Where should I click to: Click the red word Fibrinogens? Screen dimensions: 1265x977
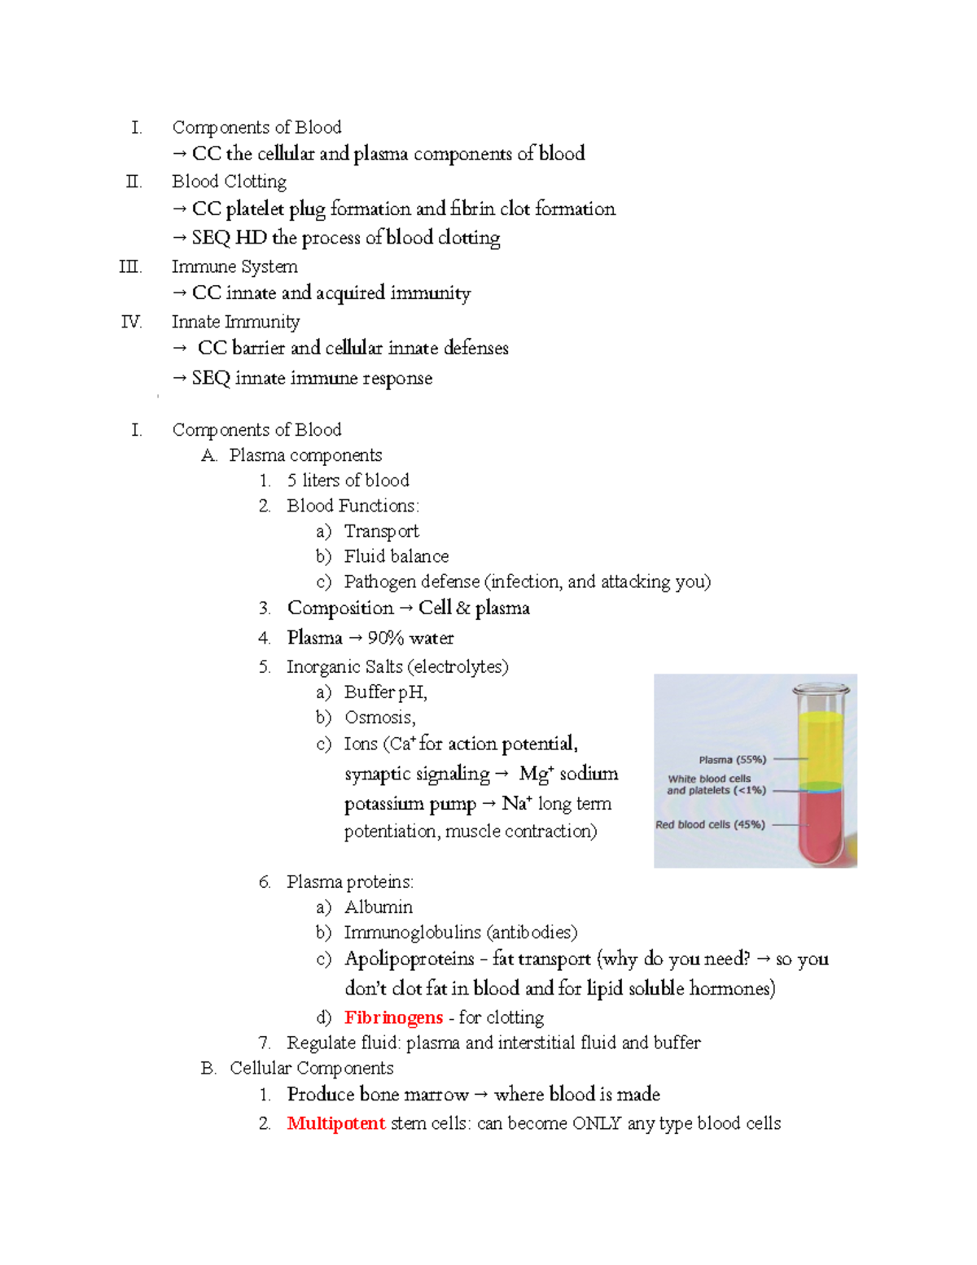pos(393,1017)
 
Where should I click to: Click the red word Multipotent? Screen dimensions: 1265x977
pos(335,1123)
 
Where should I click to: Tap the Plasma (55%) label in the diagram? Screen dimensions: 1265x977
pos(732,759)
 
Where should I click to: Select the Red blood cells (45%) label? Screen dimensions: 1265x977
pos(710,824)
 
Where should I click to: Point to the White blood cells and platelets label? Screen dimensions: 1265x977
pos(716,784)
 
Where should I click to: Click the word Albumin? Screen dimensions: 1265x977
pos(378,907)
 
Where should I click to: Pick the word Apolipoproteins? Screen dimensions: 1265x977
pos(409,959)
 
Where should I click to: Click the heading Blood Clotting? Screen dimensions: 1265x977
pos(229,181)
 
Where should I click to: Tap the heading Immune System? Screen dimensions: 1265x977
pos(234,266)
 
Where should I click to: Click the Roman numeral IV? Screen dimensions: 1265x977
pos(131,322)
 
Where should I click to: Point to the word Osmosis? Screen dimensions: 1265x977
pos(379,718)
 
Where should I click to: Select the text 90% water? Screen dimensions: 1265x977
pos(410,638)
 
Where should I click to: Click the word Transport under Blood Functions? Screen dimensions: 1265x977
pos(381,531)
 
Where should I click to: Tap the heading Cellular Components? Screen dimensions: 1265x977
pos(311,1068)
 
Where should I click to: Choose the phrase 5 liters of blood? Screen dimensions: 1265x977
pos(348,481)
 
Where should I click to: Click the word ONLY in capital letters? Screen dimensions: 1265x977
pos(597,1123)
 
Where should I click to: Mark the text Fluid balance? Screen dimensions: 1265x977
pos(396,556)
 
